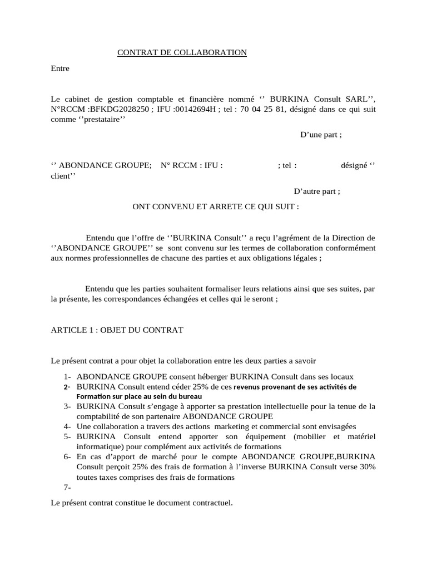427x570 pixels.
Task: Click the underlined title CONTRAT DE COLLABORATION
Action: pyautogui.click(x=182, y=53)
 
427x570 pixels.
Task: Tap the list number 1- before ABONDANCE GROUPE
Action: pyautogui.click(x=68, y=376)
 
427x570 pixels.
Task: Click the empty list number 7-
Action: pyautogui.click(x=68, y=488)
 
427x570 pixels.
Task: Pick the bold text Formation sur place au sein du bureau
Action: pyautogui.click(x=139, y=396)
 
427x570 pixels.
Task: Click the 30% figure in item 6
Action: pyautogui.click(x=366, y=466)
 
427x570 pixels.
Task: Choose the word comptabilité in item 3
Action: pyautogui.click(x=101, y=416)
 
